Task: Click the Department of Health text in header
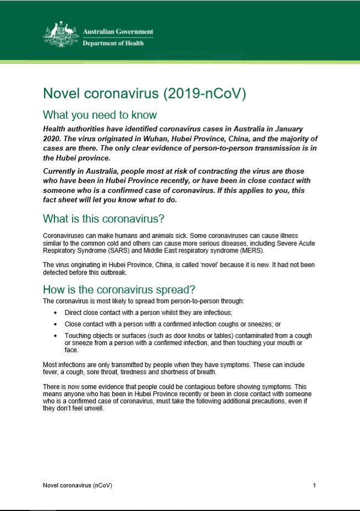point(113,43)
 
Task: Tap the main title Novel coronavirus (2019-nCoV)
point(145,93)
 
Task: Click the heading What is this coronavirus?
point(104,218)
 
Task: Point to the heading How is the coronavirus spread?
point(119,290)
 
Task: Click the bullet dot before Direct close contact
point(56,312)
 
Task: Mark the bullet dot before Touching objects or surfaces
point(56,336)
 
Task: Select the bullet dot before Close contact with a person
point(56,324)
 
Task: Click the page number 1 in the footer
point(314,486)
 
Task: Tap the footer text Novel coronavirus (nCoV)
point(78,486)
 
